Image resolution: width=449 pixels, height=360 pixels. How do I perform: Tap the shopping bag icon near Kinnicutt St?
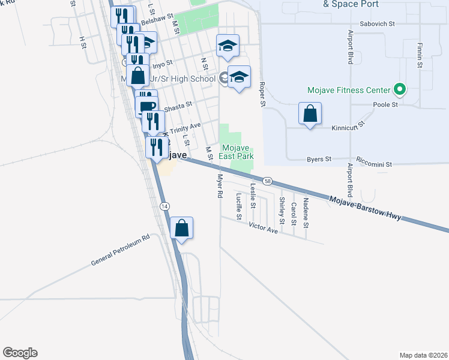(x=310, y=113)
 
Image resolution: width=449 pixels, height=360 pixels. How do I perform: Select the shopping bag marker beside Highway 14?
(x=182, y=228)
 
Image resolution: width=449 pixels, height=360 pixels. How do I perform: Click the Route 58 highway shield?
(x=268, y=181)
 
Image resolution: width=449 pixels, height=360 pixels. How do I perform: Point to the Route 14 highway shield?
(x=164, y=206)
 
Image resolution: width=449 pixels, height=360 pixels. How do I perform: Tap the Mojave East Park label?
(x=238, y=152)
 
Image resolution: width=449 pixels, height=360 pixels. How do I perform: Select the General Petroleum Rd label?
(x=119, y=251)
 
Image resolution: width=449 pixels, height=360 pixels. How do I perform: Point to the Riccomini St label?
(x=373, y=163)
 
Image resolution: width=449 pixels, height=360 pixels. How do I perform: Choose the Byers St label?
(x=319, y=159)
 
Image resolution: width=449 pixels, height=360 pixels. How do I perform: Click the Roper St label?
(x=262, y=95)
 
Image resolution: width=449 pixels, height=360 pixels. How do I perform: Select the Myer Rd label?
(x=220, y=187)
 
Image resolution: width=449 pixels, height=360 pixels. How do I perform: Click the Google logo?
(x=20, y=353)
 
